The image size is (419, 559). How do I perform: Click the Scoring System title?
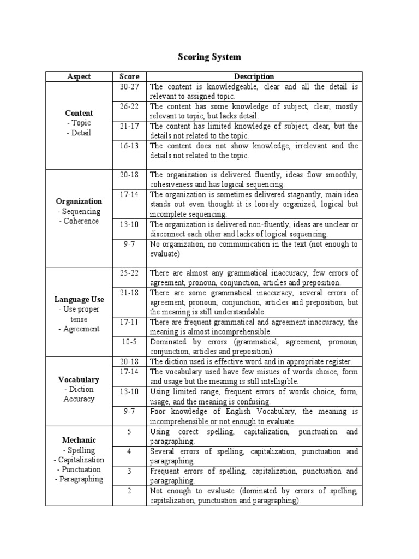point(209,57)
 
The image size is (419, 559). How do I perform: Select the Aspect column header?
point(79,76)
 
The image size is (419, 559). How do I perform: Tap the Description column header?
point(254,76)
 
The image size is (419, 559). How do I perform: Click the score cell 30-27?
point(129,86)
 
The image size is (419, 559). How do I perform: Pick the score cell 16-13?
point(129,146)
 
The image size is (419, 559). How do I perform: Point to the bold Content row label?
point(79,113)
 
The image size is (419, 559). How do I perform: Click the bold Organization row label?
point(79,201)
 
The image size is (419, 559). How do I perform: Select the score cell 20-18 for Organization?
point(129,175)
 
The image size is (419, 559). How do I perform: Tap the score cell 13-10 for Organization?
point(129,224)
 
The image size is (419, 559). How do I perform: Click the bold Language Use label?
point(79,299)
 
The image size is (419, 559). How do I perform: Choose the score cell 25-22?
point(129,272)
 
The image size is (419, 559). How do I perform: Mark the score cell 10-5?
point(129,342)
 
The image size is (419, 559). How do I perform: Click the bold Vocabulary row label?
point(79,379)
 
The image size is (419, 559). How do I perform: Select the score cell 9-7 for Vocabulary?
point(129,411)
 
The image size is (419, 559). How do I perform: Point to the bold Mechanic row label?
point(79,440)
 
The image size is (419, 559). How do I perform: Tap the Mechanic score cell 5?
point(129,431)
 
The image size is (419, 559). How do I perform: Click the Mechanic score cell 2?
point(129,491)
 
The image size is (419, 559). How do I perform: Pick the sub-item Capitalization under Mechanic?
point(79,460)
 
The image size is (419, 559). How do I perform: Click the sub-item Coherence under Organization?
point(79,221)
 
